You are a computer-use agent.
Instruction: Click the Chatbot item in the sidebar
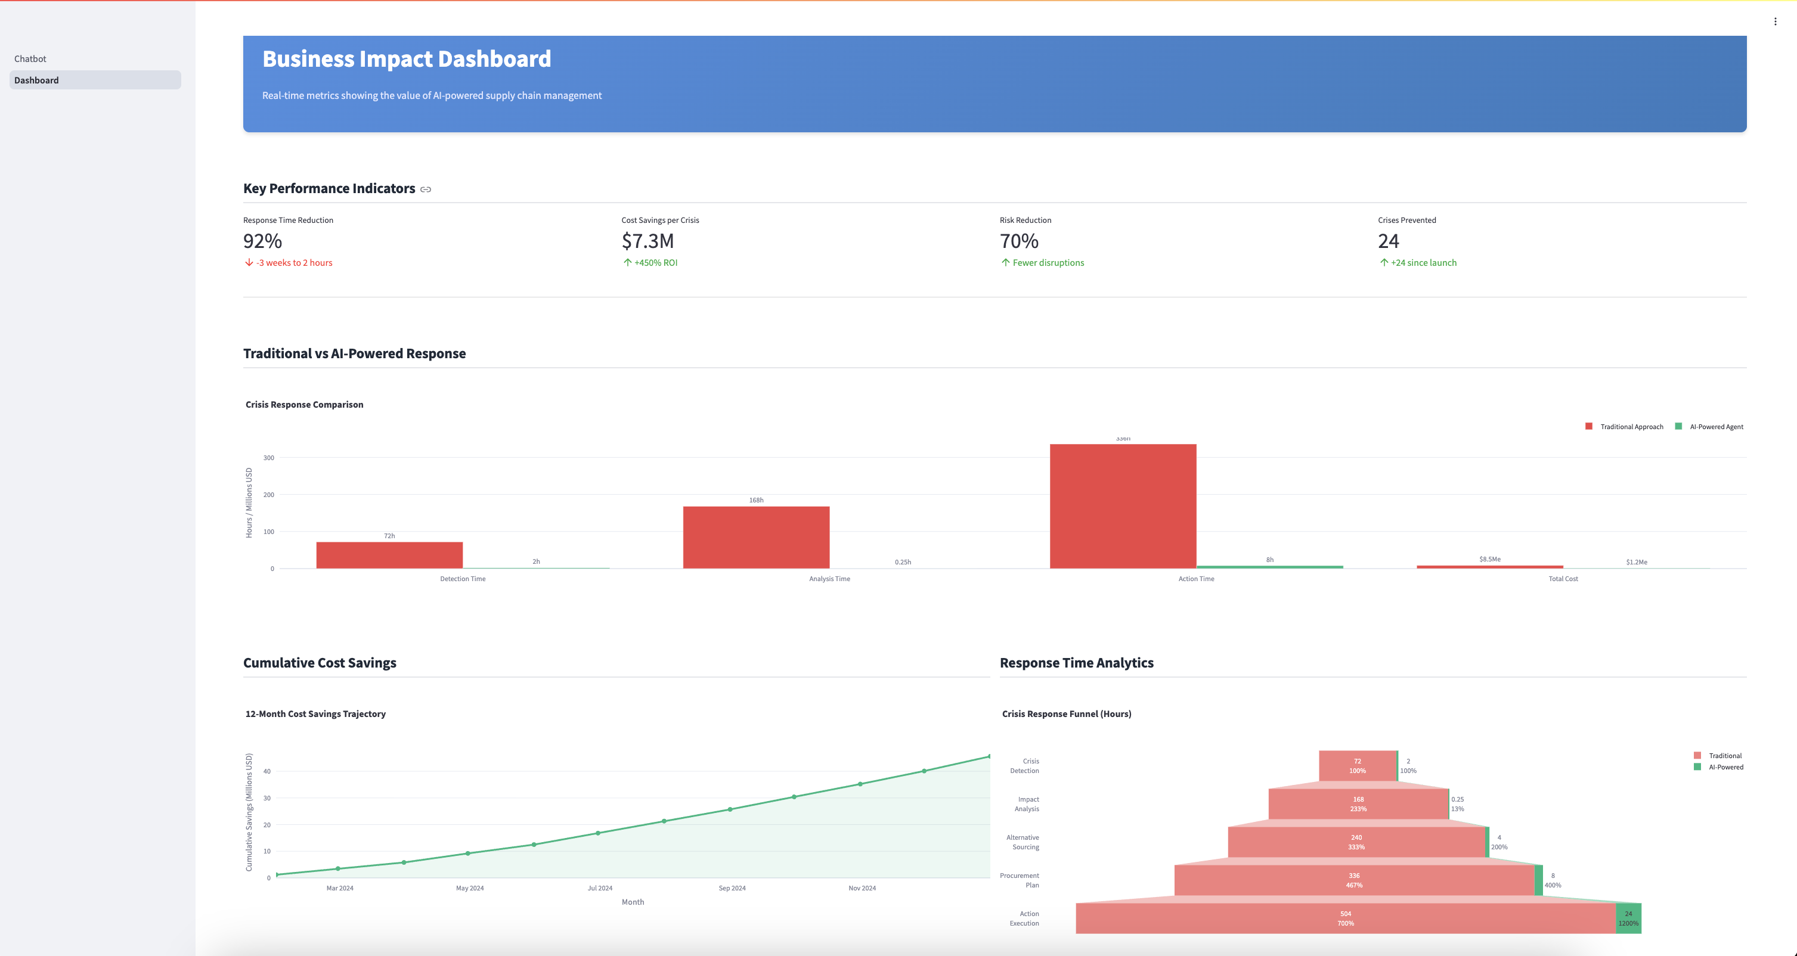[30, 58]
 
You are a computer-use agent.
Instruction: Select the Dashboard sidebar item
[36, 80]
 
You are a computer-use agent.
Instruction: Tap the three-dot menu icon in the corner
[1776, 21]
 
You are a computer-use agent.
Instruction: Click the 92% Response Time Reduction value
[262, 241]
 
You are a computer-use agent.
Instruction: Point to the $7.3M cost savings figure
[647, 241]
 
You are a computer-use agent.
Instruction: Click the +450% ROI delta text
[655, 263]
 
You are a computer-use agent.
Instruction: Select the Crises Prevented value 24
[1388, 241]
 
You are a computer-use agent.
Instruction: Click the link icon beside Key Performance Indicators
[426, 190]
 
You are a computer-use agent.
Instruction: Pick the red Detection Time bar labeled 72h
[389, 555]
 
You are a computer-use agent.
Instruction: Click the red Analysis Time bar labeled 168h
[756, 537]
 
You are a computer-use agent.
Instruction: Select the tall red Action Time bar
[1123, 505]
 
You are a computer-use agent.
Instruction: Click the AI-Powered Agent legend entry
[1715, 427]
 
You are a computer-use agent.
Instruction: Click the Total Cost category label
[1563, 579]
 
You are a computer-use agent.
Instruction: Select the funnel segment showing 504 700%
[1345, 918]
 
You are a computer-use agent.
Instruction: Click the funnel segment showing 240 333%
[1356, 842]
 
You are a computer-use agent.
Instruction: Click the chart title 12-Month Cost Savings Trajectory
[315, 714]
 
